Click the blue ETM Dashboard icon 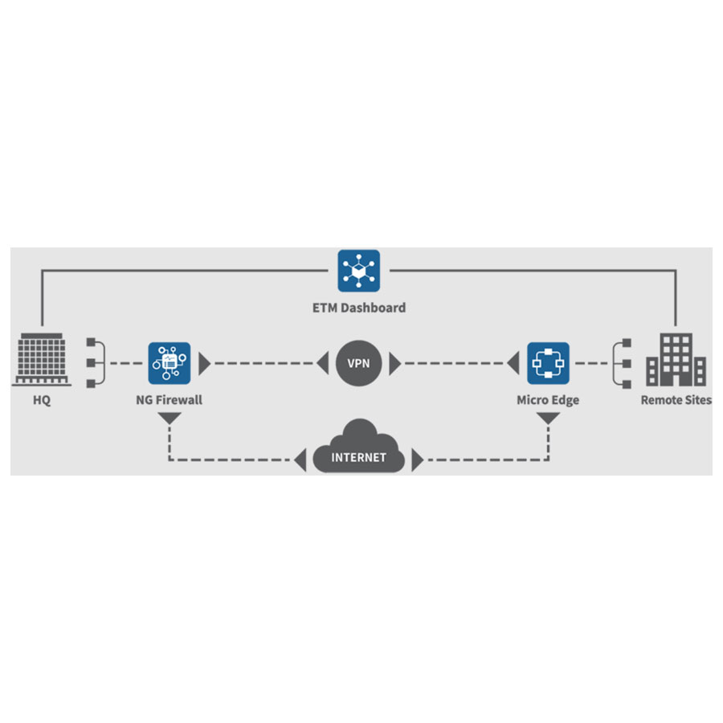359,272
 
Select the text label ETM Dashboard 359,308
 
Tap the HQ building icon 42,359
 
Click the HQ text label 42,400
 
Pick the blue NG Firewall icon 170,363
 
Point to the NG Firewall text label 170,400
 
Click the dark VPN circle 359,363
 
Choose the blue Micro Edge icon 548,363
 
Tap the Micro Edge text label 548,400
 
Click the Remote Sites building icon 676,359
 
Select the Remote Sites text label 676,400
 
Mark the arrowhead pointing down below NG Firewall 170,418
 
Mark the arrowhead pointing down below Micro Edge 548,418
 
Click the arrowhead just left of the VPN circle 323,363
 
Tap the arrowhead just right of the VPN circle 394,363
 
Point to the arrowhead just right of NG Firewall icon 204,363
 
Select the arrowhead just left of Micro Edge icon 513,363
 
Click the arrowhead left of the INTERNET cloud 300,460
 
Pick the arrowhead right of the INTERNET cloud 417,460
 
